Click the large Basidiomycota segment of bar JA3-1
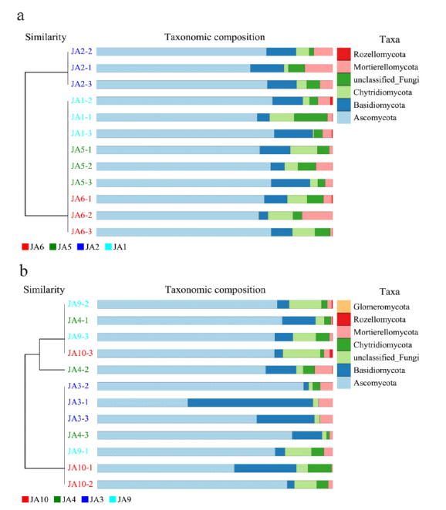point(250,403)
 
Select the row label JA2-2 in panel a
point(82,52)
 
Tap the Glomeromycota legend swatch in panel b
point(343,307)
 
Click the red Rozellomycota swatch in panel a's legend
point(343,54)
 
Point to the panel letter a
point(21,16)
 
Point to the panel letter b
point(23,270)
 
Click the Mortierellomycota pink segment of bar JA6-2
point(317,215)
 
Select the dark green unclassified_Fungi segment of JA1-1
point(311,117)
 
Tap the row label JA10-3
point(80,353)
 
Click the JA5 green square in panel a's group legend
point(52,247)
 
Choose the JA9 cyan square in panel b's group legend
point(113,499)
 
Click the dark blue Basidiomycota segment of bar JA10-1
point(265,468)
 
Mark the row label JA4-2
point(78,370)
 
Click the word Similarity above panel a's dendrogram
point(46,37)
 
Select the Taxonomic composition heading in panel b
point(215,290)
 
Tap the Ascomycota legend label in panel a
point(375,118)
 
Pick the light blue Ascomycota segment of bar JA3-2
point(201,386)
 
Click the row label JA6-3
point(82,232)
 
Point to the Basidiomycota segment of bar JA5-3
point(290,183)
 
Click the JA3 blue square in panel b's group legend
point(85,499)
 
